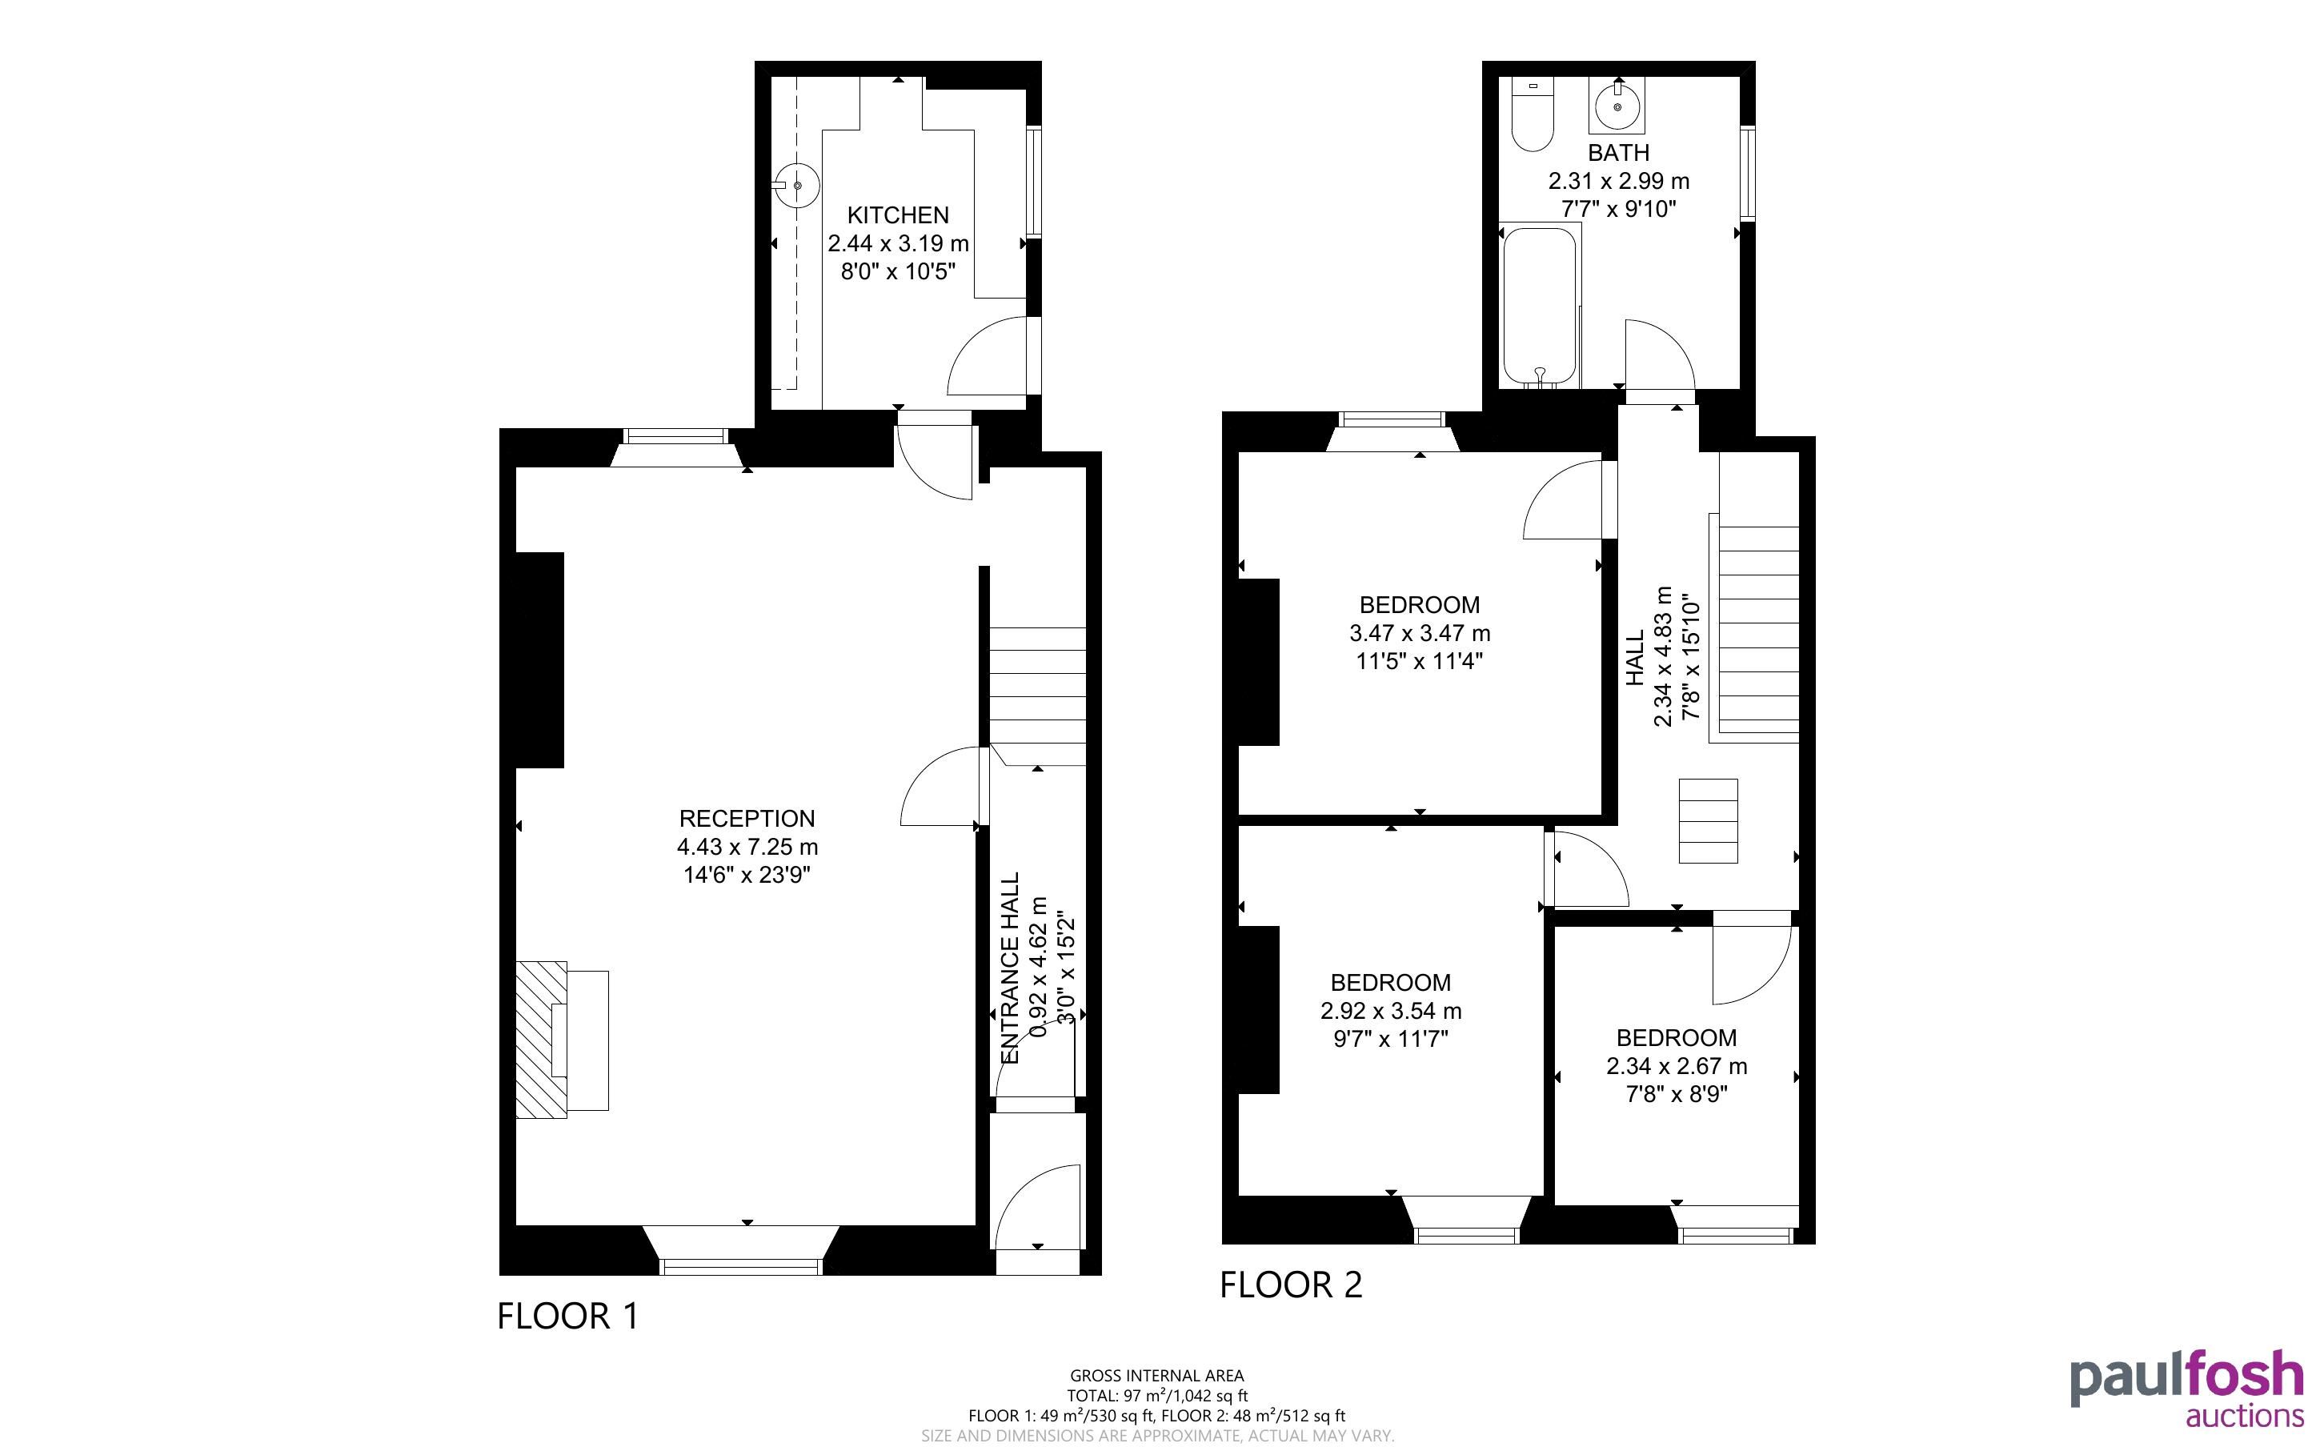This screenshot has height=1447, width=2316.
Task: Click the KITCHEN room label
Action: [x=897, y=215]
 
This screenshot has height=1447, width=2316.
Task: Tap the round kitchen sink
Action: [x=796, y=186]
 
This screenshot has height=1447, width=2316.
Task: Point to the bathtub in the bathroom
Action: [x=1539, y=307]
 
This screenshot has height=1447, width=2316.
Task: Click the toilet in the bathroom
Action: [x=1533, y=114]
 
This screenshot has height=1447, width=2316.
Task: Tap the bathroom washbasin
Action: [x=1617, y=106]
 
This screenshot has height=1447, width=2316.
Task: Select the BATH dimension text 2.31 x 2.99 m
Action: [x=1619, y=181]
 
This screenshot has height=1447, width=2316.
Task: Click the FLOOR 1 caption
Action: [x=567, y=1316]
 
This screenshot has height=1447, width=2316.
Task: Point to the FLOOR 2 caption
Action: [x=1291, y=1285]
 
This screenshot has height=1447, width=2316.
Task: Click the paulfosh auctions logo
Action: [x=2187, y=1389]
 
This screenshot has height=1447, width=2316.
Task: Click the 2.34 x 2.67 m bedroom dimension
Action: [x=1676, y=1066]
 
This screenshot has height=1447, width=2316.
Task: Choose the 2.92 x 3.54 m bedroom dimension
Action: [x=1391, y=1011]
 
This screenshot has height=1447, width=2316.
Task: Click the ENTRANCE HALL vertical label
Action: [x=1010, y=968]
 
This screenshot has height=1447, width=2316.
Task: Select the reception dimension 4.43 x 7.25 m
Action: [x=747, y=847]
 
